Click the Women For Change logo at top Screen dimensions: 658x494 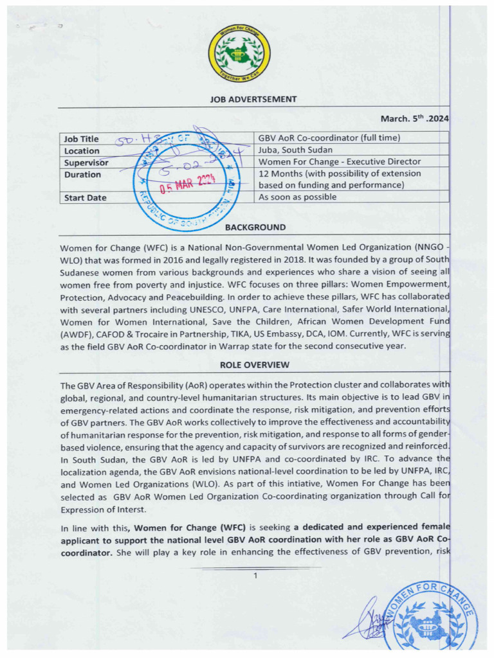[239, 53]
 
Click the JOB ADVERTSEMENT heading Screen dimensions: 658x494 [253, 99]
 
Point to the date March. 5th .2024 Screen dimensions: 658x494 [414, 118]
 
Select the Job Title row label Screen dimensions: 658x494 [81, 139]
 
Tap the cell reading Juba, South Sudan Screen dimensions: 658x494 [295, 150]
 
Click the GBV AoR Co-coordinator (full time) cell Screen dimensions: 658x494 [329, 138]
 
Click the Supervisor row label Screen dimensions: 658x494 [86, 163]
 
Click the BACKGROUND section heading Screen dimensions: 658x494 [255, 227]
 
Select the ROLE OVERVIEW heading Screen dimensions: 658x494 [254, 365]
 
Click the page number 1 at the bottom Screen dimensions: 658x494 [255, 575]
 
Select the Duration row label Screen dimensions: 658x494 [82, 174]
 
